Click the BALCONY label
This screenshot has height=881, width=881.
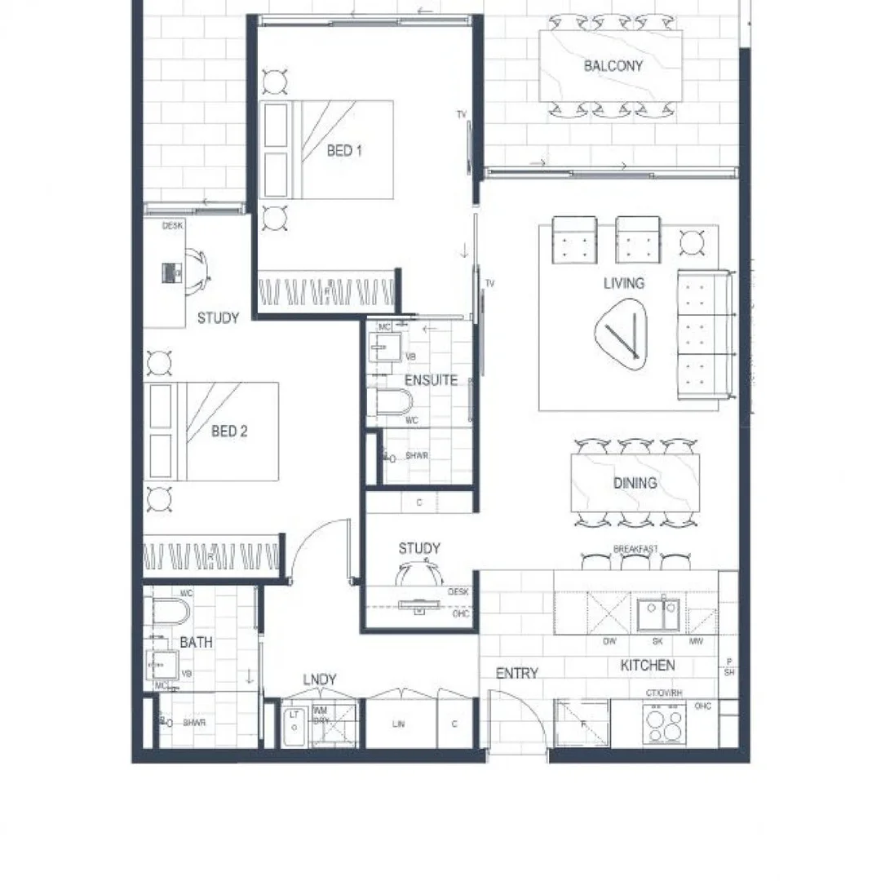click(x=613, y=66)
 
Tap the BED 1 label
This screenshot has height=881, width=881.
click(x=344, y=151)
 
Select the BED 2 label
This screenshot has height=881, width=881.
click(x=229, y=432)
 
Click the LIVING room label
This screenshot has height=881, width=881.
click(x=624, y=283)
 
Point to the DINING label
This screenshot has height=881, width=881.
click(x=635, y=483)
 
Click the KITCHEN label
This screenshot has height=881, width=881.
click(x=648, y=666)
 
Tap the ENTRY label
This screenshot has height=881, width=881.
click(x=517, y=673)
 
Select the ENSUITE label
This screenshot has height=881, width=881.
click(x=431, y=380)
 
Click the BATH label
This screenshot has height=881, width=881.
click(x=196, y=643)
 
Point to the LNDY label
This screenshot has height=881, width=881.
click(x=320, y=680)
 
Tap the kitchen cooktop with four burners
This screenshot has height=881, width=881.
click(x=665, y=725)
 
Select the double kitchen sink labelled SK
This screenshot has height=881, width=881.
click(x=657, y=614)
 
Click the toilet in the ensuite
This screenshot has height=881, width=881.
click(x=392, y=401)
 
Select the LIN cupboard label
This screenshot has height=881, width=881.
click(x=398, y=724)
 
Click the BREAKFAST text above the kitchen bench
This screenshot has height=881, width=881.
click(x=635, y=550)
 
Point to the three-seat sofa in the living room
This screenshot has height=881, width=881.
click(x=703, y=334)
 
